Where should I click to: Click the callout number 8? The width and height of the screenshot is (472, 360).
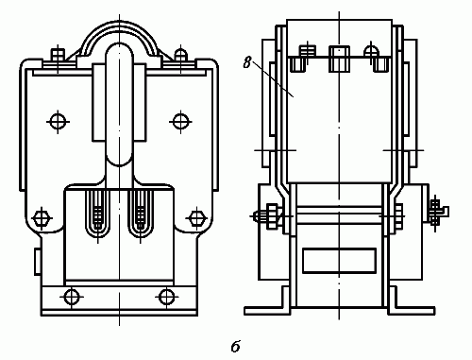(x=247, y=62)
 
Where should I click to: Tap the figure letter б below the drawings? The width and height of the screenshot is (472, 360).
(x=236, y=346)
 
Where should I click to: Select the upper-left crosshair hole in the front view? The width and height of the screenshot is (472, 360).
(x=58, y=122)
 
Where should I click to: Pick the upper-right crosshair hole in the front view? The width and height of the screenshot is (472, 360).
(x=180, y=122)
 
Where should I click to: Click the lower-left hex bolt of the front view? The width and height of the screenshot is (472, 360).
(x=42, y=218)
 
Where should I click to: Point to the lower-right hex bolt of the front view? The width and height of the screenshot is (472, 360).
(x=196, y=218)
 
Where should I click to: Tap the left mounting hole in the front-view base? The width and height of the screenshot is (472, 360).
(x=72, y=297)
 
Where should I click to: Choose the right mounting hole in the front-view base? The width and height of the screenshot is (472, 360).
(x=167, y=297)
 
